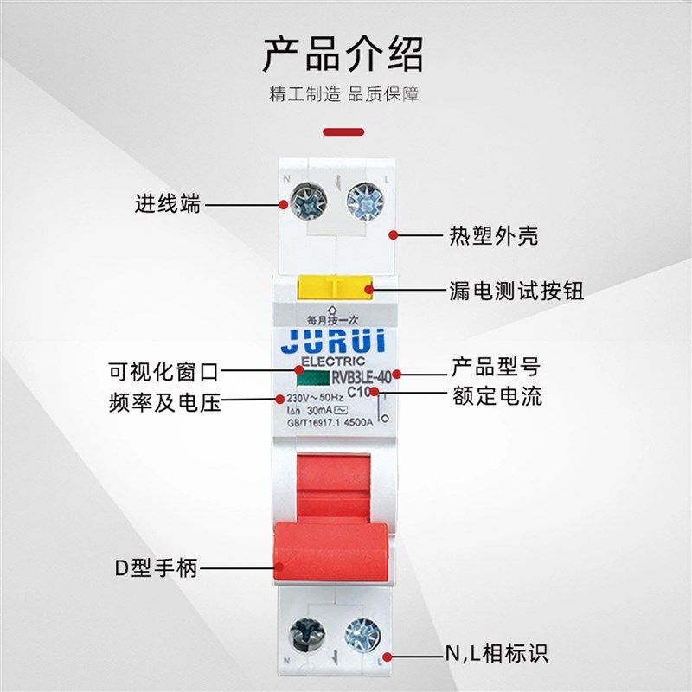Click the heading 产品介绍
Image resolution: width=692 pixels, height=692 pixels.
[343, 54]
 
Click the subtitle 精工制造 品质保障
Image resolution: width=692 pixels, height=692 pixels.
[344, 95]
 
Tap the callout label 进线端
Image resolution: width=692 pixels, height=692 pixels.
[167, 204]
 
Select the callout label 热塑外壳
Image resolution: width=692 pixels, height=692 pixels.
[492, 235]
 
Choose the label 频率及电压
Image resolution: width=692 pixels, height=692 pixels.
[165, 400]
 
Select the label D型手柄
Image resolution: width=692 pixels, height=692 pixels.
[156, 568]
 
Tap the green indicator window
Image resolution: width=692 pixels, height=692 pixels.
[312, 377]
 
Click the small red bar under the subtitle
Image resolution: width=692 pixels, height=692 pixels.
[343, 132]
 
